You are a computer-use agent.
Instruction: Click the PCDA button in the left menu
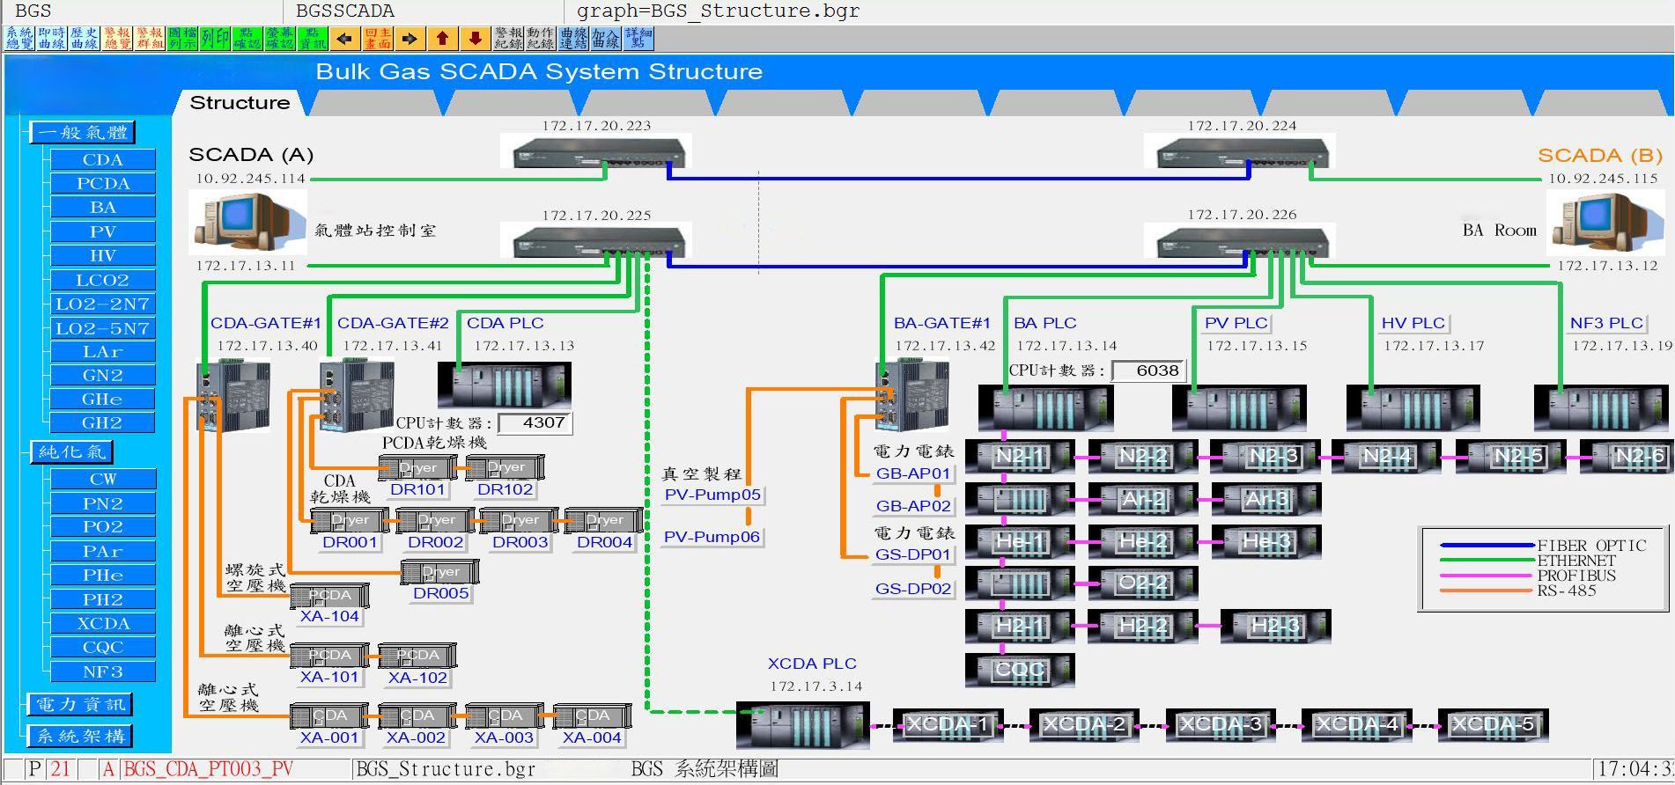pos(103,183)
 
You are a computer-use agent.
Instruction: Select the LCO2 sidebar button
pos(103,280)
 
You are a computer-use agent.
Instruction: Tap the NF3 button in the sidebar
pos(103,671)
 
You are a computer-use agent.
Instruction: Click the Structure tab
pos(240,103)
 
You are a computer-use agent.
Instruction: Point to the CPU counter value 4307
pos(535,423)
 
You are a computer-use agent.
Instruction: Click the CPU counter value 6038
pos(1149,370)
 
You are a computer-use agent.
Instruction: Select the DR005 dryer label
pos(440,593)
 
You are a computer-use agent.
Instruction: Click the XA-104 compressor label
pos(329,616)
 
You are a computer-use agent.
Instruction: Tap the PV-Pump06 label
pos(712,537)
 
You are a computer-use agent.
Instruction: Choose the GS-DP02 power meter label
pos(913,589)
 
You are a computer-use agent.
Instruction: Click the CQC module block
pos(1020,670)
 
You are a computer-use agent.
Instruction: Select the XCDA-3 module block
pos(1221,725)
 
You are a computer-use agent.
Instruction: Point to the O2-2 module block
pos(1143,583)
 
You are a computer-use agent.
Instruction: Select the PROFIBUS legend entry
pos(1576,576)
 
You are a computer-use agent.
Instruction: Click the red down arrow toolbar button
pos(475,39)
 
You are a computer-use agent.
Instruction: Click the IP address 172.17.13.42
pos(945,346)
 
